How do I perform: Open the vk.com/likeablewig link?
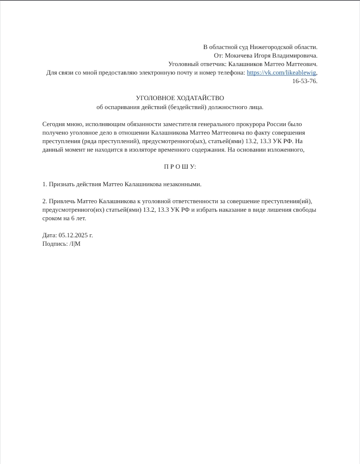(x=281, y=73)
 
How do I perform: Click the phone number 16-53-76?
(x=304, y=81)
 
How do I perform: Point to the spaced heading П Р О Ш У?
(x=180, y=167)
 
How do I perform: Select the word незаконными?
(x=182, y=184)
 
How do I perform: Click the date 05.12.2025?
(x=72, y=235)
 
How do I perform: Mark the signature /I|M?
(x=75, y=244)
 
